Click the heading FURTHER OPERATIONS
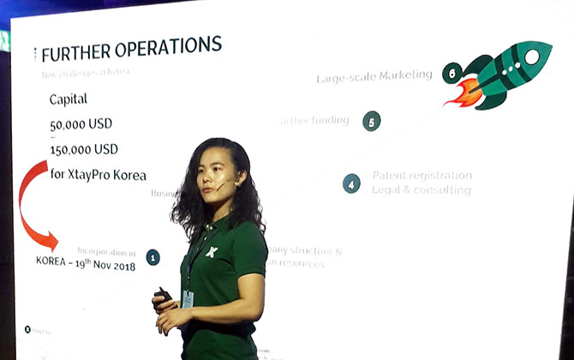131,51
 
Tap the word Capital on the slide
69,99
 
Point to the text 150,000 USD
84,149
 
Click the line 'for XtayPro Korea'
98,175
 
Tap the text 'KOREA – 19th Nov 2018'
85,265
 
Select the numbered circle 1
152,256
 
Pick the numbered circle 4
351,183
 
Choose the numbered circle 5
371,122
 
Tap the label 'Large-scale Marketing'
374,76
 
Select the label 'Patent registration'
422,175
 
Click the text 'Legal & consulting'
422,189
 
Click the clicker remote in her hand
163,297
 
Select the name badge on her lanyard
188,299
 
